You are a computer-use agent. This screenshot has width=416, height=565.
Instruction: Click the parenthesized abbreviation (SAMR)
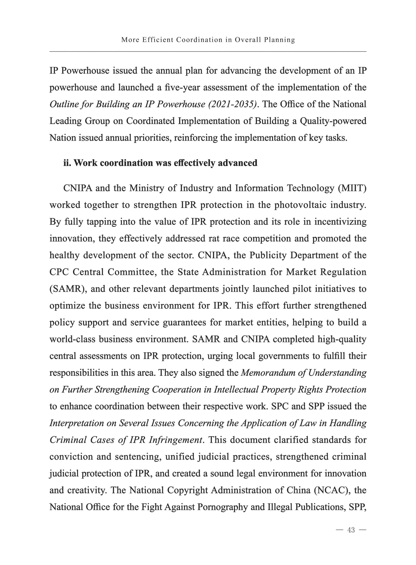click(68, 289)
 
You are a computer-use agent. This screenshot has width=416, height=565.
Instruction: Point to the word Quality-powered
click(333, 121)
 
